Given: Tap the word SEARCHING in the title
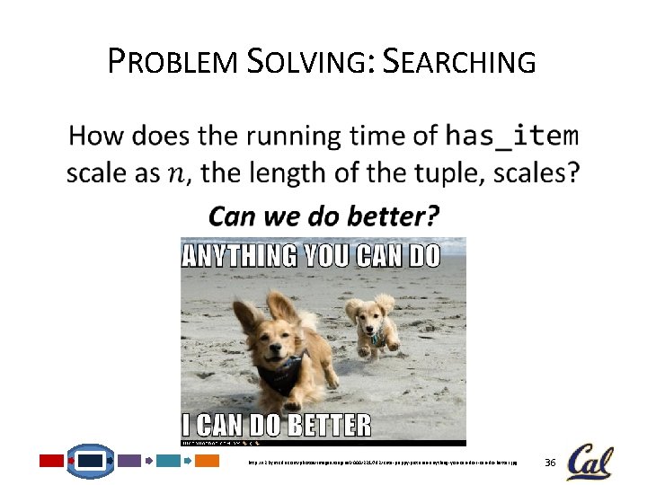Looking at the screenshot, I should pos(459,63).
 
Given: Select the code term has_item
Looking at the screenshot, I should pos(512,137).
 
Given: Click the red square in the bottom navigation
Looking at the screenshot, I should pos(51,461).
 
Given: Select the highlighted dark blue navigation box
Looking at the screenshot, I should pos(92,461).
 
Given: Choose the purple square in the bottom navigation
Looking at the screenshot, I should pos(129,461).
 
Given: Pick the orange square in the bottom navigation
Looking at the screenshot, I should pos(208,461).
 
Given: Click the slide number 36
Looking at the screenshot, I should pos(551,463).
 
